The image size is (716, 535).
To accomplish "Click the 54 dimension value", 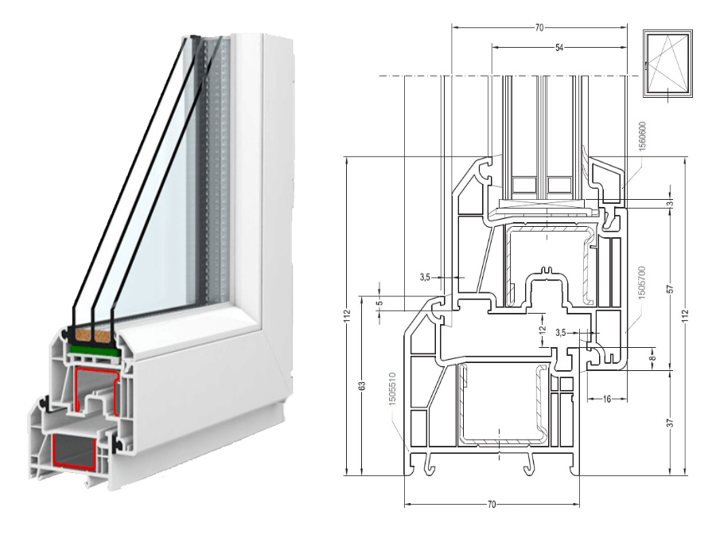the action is (559, 48).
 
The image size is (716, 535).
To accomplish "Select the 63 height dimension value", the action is (362, 386).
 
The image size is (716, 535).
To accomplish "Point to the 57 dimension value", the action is (670, 289).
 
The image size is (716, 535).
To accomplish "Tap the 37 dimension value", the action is (670, 423).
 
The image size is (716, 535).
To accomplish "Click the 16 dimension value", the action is (606, 399).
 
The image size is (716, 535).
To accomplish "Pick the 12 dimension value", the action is (542, 330).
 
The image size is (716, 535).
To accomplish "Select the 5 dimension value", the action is (379, 303).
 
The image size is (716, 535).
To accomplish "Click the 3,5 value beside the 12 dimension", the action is (560, 333).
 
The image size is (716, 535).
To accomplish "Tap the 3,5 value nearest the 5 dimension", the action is (425, 277).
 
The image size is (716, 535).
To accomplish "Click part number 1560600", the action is (641, 137).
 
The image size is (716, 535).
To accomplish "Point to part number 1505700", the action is (641, 283).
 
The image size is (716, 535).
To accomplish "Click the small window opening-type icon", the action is (667, 64).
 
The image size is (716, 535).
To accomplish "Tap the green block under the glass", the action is (95, 351).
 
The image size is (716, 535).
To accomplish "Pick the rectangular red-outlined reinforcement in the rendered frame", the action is (75, 452).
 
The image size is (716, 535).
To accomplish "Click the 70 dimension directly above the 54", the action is (539, 28).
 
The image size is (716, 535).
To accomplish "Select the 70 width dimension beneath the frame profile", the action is (492, 505).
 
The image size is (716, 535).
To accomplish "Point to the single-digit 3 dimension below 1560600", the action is (670, 203).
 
